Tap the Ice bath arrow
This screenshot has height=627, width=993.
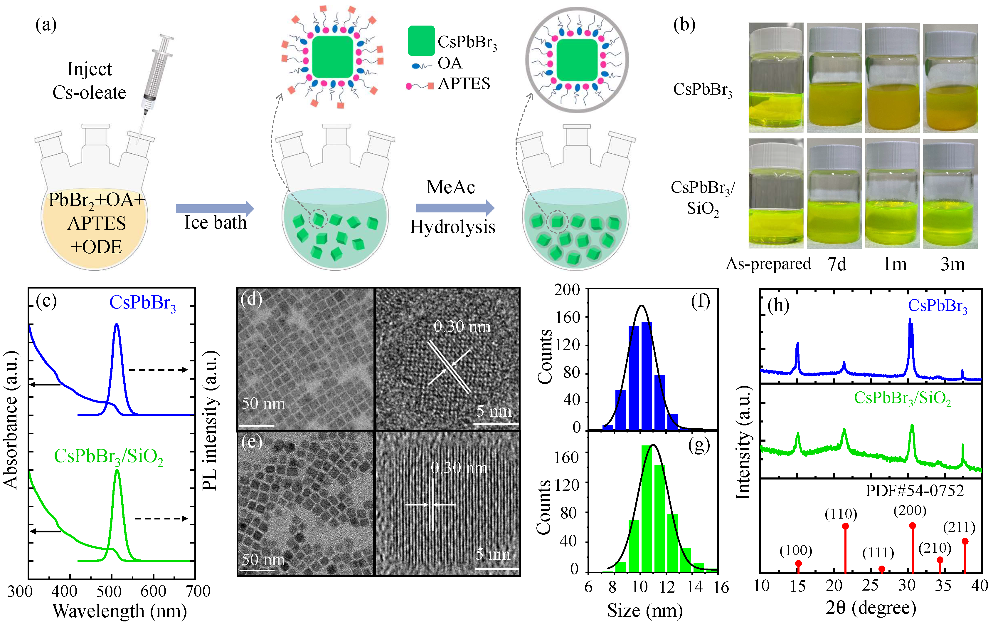[214, 208]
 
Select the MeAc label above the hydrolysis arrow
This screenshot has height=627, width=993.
[450, 187]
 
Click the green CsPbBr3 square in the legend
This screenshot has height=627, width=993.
[421, 41]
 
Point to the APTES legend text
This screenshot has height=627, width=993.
[464, 84]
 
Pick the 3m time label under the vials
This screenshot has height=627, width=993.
[952, 264]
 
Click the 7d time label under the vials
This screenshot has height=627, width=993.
[837, 264]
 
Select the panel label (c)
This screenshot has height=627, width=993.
[46, 301]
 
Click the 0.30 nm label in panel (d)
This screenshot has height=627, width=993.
[462, 327]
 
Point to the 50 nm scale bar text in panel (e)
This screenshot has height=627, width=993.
[263, 560]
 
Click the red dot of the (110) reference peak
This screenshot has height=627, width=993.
[845, 526]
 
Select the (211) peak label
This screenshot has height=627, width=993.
[959, 527]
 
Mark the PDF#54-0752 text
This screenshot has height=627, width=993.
[915, 491]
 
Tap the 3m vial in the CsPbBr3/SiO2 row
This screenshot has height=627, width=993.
[950, 194]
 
